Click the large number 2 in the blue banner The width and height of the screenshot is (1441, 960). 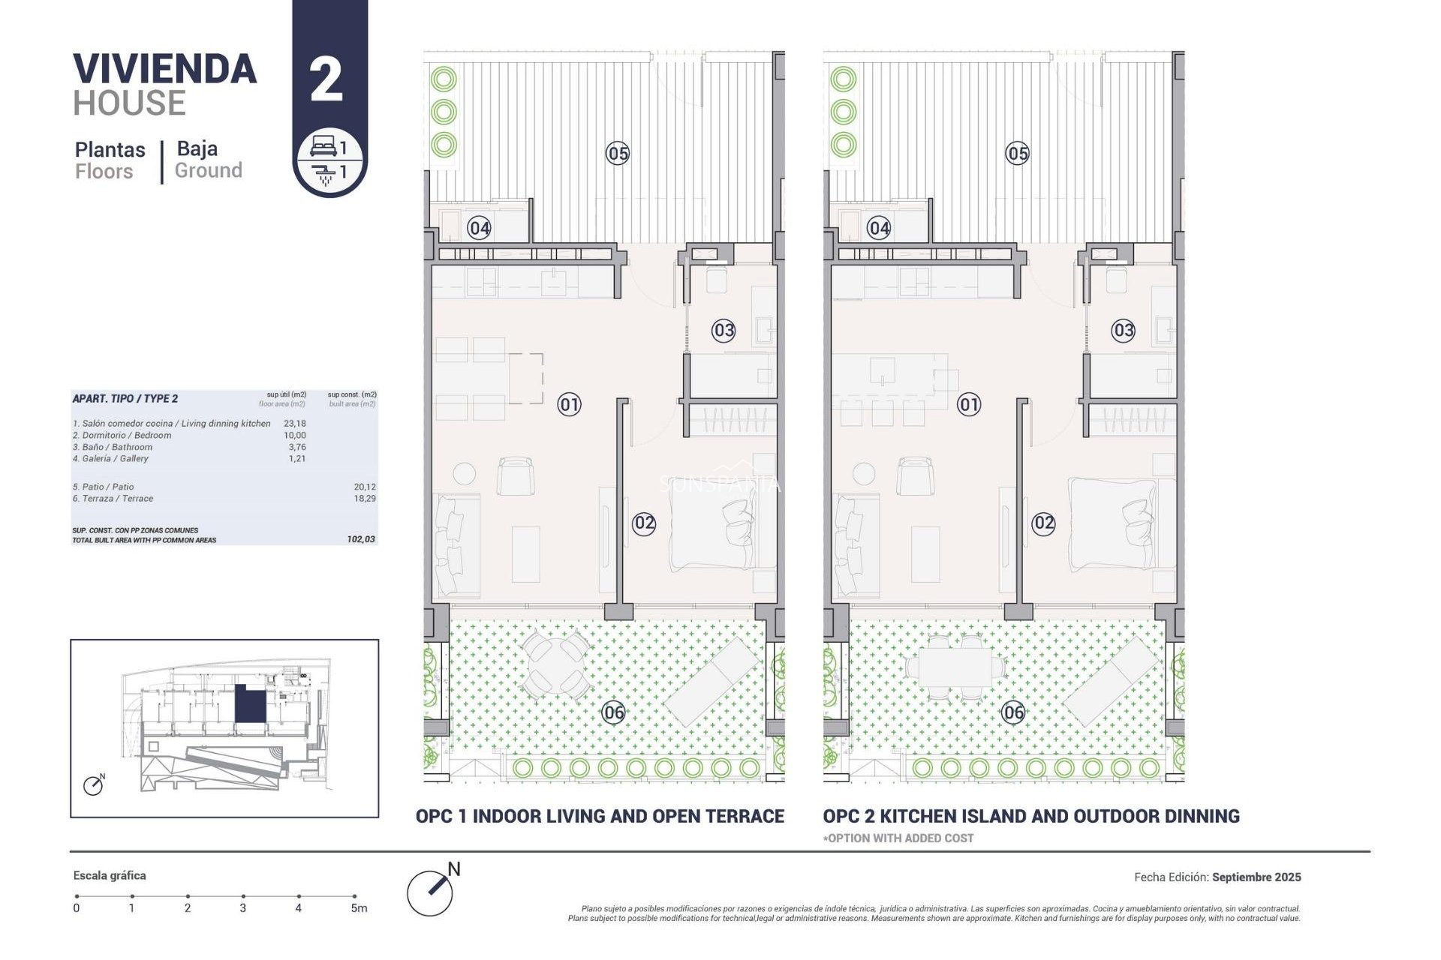(x=326, y=80)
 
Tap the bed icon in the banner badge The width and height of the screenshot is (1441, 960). (x=323, y=146)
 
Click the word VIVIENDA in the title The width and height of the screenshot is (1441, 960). (x=165, y=69)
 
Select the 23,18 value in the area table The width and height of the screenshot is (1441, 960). (x=295, y=424)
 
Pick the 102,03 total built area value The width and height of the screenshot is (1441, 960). (x=361, y=539)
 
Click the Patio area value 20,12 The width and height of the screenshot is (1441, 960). (x=365, y=487)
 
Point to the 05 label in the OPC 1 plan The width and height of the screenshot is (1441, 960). (x=618, y=154)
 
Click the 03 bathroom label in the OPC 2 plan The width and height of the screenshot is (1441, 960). (x=1123, y=330)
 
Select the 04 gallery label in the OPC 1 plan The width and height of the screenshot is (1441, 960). (x=480, y=228)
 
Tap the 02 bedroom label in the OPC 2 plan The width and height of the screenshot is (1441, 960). (x=1043, y=523)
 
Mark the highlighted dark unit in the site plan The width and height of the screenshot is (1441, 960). (x=250, y=704)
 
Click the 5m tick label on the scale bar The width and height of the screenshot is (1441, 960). (x=359, y=908)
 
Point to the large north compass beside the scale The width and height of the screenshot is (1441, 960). (x=431, y=892)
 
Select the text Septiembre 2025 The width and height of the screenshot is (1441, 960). (x=1256, y=877)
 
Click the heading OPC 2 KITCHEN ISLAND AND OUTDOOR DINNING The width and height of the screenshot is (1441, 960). (x=1030, y=816)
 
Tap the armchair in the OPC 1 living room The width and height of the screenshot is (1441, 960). (x=516, y=475)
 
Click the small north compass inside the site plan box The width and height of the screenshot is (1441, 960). (x=93, y=785)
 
